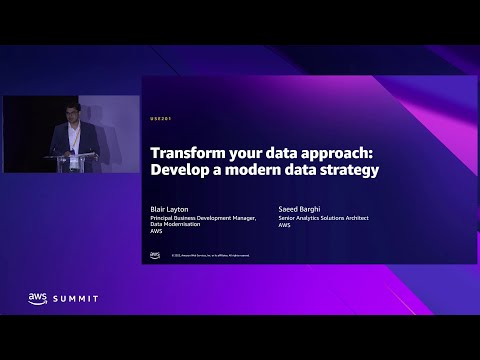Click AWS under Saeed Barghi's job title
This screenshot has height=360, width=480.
[x=284, y=225]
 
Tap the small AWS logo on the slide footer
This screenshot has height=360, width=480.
[x=155, y=256]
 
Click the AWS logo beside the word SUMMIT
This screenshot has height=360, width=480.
[x=38, y=297]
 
